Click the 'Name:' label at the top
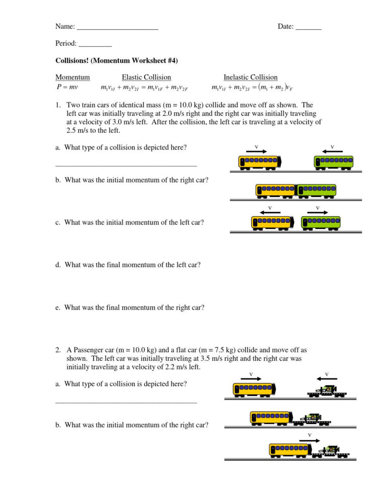click(65, 27)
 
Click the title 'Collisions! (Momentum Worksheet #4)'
click(117, 60)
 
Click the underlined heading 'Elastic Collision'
click(146, 77)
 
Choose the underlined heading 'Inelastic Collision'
click(250, 77)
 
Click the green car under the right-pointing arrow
click(321, 222)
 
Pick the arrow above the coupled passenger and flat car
click(309, 440)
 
